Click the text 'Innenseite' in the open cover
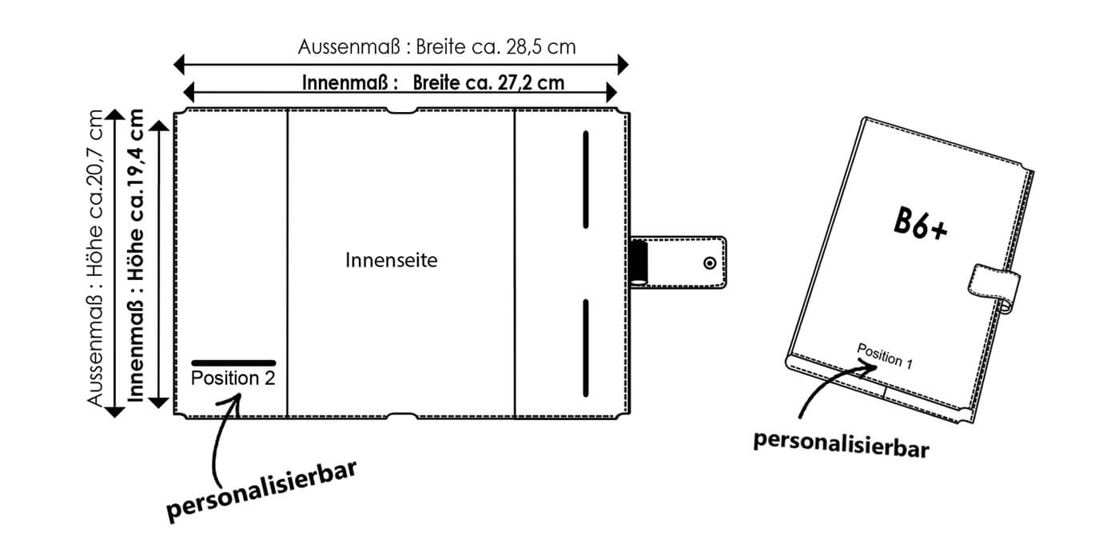click(392, 261)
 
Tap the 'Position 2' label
click(233, 378)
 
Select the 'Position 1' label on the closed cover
click(884, 355)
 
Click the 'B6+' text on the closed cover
click(920, 224)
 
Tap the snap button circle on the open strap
click(710, 262)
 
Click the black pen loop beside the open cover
click(639, 262)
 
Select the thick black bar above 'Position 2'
click(233, 362)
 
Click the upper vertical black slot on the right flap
click(586, 179)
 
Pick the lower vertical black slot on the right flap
click(586, 346)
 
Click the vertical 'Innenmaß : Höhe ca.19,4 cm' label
click(136, 256)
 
